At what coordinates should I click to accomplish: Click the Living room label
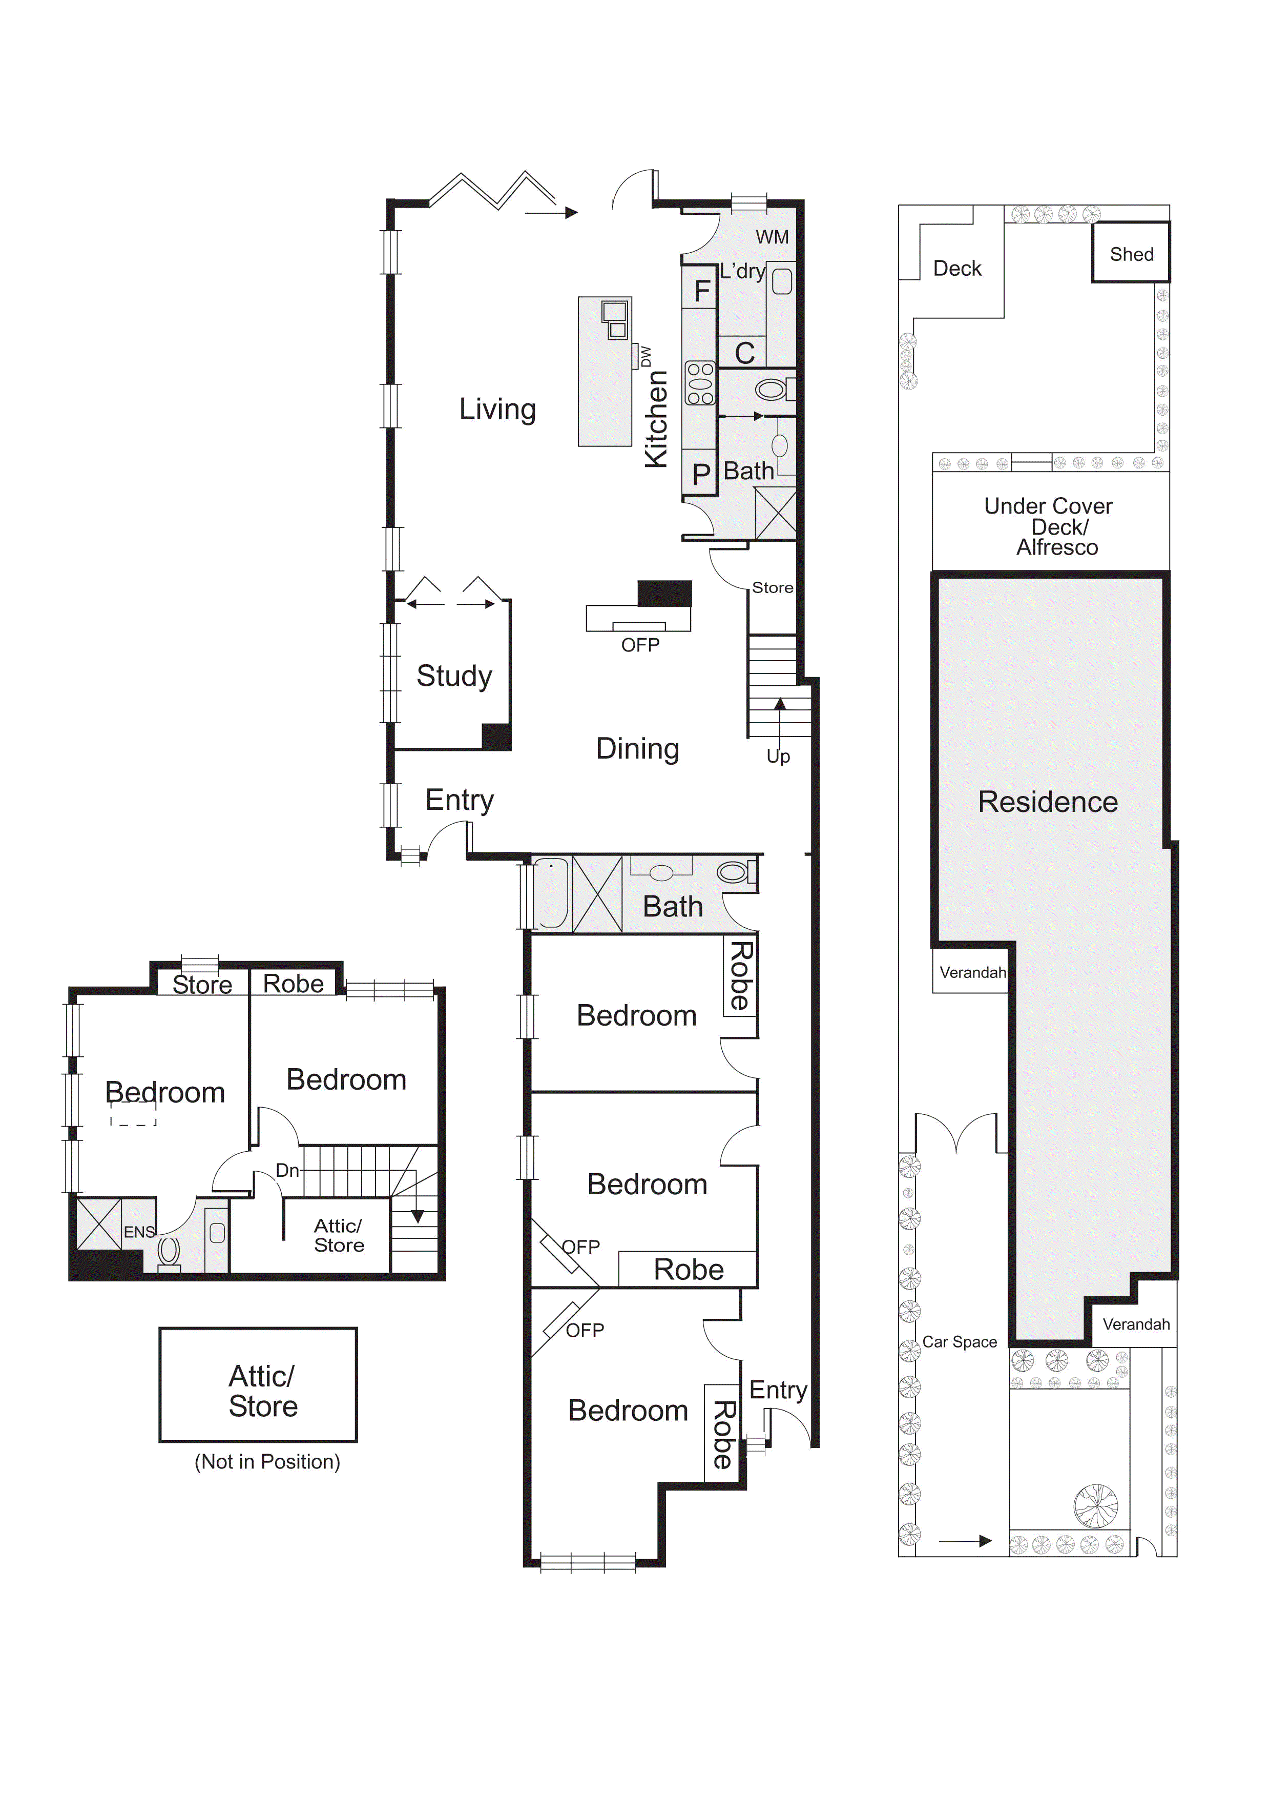[497, 409]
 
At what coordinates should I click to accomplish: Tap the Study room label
[454, 676]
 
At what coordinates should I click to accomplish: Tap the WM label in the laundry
[772, 237]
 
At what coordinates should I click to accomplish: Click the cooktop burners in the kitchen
[700, 383]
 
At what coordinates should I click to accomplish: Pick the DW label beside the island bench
[646, 357]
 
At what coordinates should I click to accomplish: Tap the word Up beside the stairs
[778, 757]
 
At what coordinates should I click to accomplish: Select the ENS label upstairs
[139, 1232]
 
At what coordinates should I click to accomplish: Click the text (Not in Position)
[267, 1461]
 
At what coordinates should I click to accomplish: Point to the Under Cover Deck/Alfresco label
[1050, 526]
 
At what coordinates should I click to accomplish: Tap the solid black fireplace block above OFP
[665, 593]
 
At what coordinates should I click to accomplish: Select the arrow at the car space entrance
[965, 1541]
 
